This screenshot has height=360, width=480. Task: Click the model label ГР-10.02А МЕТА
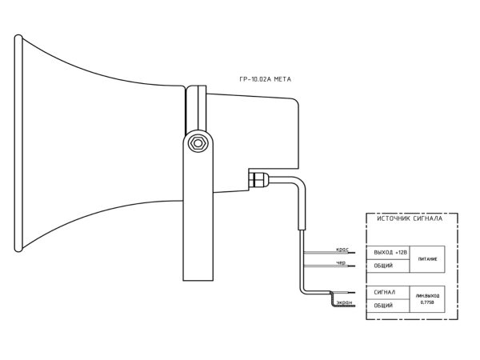(265, 79)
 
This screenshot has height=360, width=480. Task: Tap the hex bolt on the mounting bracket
(198, 143)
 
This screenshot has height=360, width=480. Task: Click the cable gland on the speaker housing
(258, 180)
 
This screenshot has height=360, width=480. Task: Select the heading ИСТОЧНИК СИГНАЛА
(410, 218)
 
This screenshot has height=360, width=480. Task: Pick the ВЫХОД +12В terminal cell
(388, 253)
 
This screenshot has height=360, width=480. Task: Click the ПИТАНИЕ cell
(427, 259)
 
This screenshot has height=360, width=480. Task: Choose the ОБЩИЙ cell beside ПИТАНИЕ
(388, 266)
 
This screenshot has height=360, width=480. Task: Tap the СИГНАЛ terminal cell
(388, 293)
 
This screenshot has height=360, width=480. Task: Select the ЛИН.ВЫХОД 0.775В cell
(427, 299)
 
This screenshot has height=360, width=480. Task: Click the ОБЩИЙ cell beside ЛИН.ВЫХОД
(388, 306)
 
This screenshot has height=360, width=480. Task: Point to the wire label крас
(342, 250)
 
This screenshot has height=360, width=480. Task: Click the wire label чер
(341, 262)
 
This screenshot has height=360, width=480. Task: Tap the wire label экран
(344, 302)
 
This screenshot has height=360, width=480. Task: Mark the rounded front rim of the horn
(18, 143)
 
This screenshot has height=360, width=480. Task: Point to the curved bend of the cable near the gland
(299, 186)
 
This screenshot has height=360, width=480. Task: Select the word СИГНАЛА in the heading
(428, 218)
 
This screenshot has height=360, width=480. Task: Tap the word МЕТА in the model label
(282, 79)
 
